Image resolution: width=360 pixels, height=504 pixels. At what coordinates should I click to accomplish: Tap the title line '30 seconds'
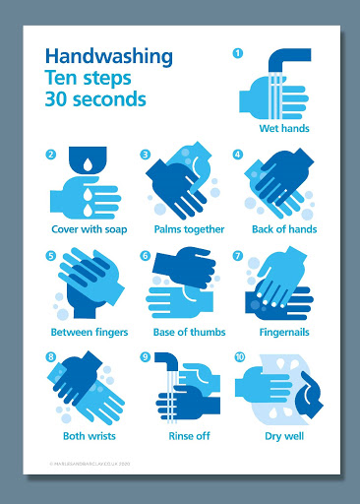(x=94, y=98)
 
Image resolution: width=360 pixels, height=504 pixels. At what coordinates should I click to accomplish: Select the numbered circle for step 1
(x=237, y=52)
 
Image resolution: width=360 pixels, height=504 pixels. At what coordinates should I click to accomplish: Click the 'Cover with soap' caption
(x=90, y=229)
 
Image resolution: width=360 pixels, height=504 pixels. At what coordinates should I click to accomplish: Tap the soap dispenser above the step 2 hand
(x=90, y=160)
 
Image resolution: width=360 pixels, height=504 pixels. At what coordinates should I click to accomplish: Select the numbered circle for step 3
(x=145, y=155)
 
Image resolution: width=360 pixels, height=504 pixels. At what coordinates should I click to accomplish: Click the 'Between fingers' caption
(x=90, y=332)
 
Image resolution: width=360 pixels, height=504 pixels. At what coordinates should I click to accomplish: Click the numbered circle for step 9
(x=145, y=358)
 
